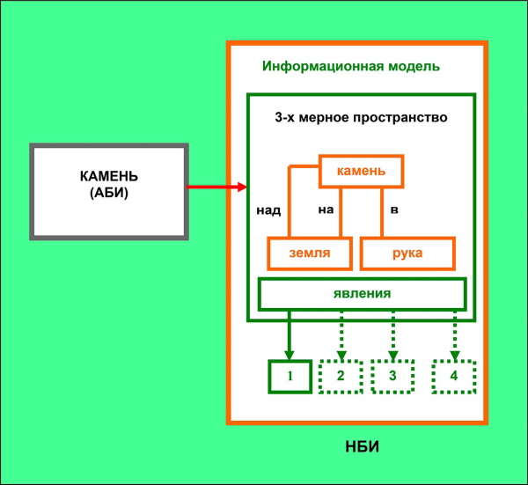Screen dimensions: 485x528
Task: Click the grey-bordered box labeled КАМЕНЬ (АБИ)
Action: point(109,191)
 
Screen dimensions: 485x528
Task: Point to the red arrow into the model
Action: point(216,187)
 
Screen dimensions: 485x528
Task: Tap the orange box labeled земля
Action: point(310,254)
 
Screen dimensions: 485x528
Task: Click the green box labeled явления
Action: point(361,294)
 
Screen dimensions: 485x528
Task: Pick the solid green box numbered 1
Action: point(289,376)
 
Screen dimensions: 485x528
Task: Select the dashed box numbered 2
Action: point(340,376)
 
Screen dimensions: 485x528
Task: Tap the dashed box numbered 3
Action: point(392,376)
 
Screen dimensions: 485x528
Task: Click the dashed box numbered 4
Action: point(454,376)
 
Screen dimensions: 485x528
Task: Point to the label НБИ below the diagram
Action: point(362,449)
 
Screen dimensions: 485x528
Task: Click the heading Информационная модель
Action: point(351,66)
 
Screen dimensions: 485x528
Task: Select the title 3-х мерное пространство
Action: point(360,116)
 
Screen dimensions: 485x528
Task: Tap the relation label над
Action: point(268,210)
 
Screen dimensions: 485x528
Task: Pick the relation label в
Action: point(394,210)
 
